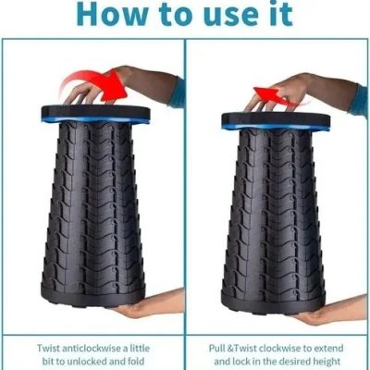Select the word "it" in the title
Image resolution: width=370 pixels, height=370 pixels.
[x=281, y=13]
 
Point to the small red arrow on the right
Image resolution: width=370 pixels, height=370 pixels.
[x=272, y=96]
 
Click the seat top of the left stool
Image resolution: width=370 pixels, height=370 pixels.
[x=95, y=114]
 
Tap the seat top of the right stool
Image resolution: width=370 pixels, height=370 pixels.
[x=276, y=120]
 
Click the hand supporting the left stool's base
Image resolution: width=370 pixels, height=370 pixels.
[x=151, y=304]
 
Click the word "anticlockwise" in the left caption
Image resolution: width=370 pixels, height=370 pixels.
[x=92, y=349]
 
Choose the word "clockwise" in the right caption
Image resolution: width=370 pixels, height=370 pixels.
[x=280, y=349]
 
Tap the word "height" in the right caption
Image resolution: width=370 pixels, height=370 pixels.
[x=325, y=362]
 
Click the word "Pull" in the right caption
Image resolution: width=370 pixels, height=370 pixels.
[x=217, y=349]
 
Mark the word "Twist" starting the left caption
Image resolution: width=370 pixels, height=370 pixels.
[x=49, y=349]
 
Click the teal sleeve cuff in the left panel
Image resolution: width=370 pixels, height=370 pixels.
[x=178, y=92]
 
